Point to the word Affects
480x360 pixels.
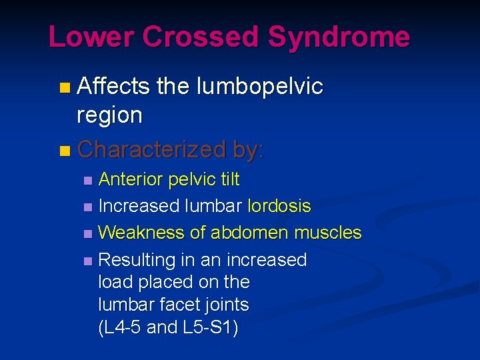click(113, 86)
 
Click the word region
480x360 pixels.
click(109, 115)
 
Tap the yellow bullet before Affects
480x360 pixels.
click(63, 87)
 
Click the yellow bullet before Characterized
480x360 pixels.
click(63, 150)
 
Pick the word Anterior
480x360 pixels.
click(131, 179)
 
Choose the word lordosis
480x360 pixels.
click(279, 206)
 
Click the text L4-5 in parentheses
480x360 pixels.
click(119, 327)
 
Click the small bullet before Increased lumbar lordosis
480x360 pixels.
click(89, 207)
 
